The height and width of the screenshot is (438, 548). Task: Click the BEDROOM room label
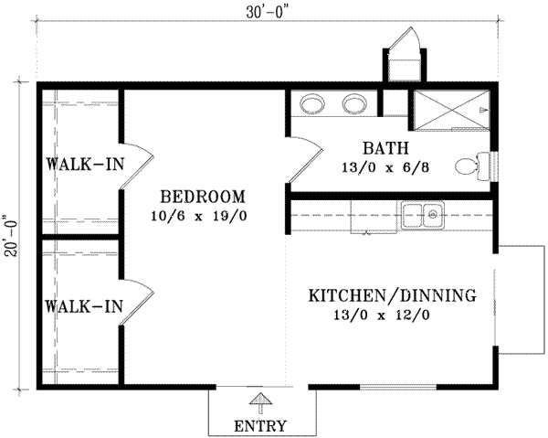tap(202, 197)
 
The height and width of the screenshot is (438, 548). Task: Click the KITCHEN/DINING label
tap(392, 296)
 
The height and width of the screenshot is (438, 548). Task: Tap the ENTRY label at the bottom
tap(260, 426)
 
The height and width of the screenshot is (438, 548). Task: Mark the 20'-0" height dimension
tap(11, 236)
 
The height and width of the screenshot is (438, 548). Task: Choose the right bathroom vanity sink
tap(354, 103)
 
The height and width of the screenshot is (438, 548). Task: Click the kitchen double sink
tap(422, 215)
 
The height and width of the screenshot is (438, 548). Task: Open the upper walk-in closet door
tap(135, 166)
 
